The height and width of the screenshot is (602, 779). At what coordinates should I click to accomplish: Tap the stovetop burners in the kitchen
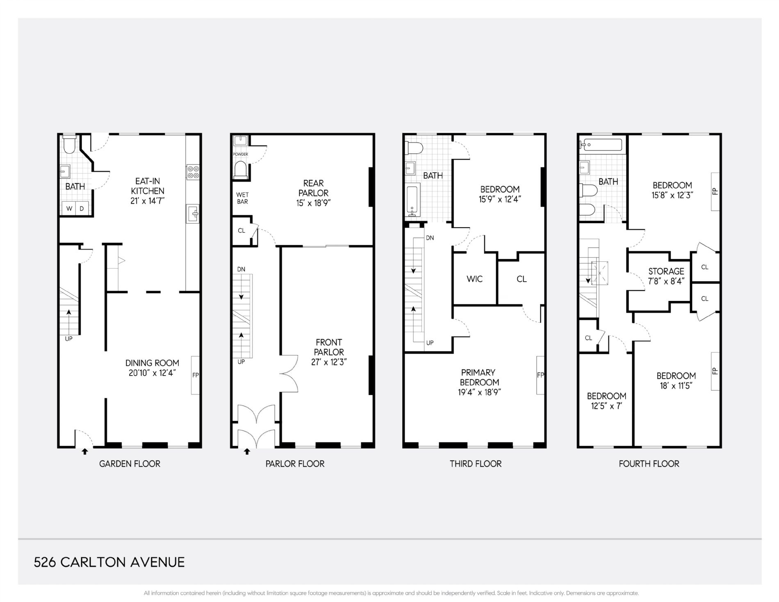(193, 172)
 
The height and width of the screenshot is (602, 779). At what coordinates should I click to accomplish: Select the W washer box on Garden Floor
(69, 208)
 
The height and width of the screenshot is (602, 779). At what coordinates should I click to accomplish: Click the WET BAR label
(242, 198)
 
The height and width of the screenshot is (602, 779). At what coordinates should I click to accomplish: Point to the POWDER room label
(241, 154)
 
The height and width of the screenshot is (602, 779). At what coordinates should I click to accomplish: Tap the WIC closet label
(475, 279)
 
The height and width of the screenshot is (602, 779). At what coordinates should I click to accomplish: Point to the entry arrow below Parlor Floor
(247, 451)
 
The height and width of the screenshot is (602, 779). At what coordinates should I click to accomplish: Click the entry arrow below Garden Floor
(85, 451)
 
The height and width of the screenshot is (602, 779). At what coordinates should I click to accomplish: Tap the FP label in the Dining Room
(196, 375)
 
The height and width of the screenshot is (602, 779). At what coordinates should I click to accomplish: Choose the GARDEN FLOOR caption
(130, 464)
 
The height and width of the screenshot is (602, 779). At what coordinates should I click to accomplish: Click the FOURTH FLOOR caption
(649, 464)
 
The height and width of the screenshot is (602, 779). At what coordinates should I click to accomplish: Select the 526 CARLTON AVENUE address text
(109, 562)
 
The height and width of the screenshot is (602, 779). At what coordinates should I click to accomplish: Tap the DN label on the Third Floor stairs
(430, 238)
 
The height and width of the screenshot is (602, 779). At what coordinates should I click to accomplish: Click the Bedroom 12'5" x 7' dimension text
(606, 406)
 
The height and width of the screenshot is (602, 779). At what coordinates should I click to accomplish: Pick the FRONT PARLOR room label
(329, 347)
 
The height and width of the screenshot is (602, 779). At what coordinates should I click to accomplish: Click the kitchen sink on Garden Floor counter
(193, 213)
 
